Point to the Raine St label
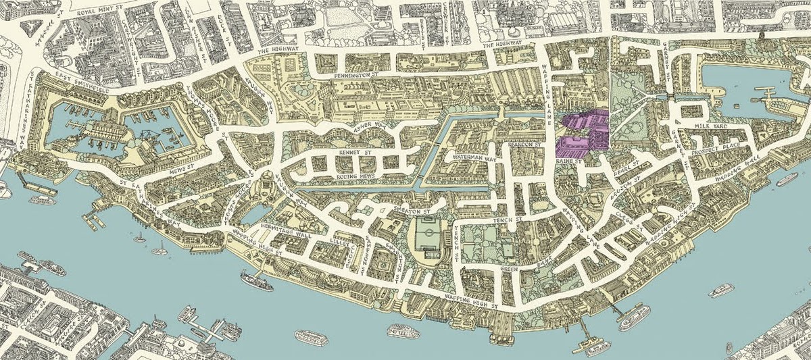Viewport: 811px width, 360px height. coord(568,162)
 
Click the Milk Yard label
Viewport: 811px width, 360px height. coord(709,127)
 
